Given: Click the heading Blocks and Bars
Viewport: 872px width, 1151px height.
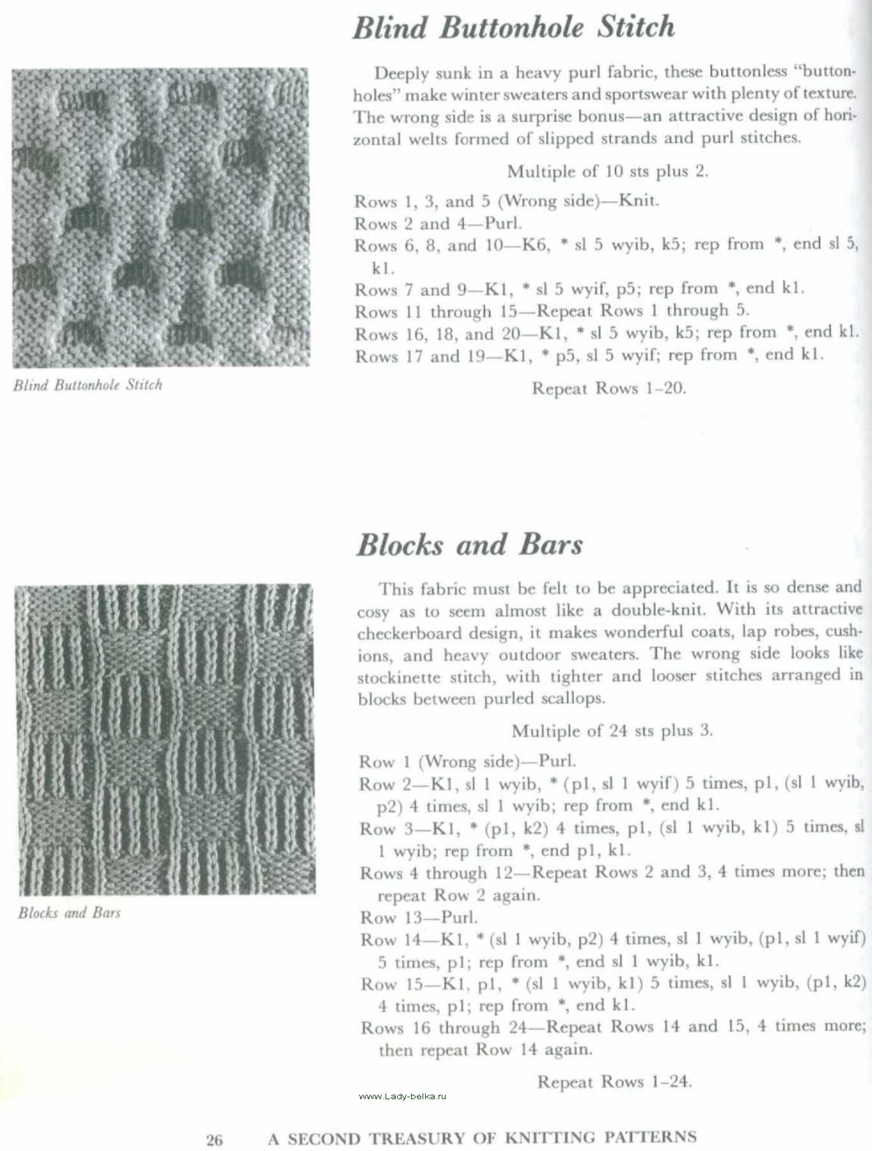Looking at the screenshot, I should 469,545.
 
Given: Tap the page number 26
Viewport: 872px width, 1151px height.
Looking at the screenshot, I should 214,1140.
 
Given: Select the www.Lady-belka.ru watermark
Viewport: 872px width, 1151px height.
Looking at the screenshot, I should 402,1096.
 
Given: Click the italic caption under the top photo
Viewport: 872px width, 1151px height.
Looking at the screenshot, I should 88,385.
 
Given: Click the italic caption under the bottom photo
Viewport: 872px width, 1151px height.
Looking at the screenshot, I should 69,912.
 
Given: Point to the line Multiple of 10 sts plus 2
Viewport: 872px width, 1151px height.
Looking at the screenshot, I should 607,171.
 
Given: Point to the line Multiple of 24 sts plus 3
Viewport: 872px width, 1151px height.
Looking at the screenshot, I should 612,730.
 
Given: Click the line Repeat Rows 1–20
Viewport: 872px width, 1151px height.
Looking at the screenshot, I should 609,388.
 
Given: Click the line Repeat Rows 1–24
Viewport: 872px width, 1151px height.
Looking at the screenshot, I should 614,1081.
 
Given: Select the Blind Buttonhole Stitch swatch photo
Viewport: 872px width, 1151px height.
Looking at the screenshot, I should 160,217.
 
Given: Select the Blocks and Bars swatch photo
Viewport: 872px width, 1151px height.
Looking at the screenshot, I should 165,739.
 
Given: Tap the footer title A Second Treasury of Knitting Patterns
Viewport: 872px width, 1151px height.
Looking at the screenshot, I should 482,1138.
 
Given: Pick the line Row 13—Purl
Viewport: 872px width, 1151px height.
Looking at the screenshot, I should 419,918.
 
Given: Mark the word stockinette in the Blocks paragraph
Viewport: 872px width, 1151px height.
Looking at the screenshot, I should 399,678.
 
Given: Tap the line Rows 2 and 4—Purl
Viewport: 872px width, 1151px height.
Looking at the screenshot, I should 438,223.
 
